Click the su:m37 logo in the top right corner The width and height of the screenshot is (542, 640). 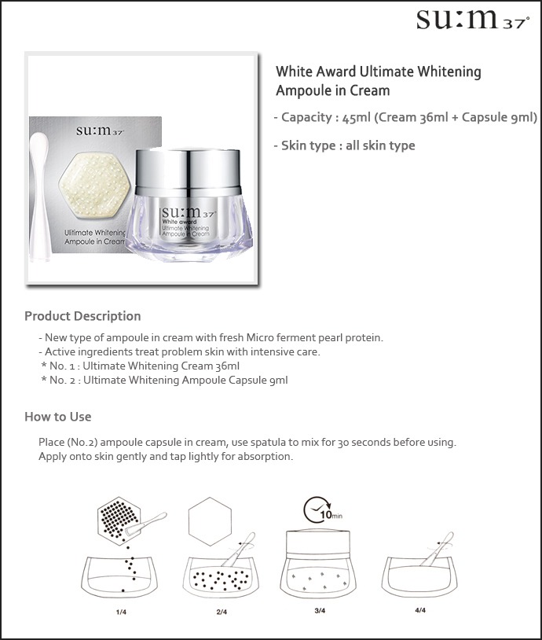[x=473, y=19]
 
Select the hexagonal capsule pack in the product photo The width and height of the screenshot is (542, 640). [x=94, y=186]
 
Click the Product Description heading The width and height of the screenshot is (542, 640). [x=82, y=316]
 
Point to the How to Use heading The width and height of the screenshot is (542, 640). [x=58, y=417]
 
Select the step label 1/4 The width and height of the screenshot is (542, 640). [x=121, y=612]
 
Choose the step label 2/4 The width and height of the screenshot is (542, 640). [x=222, y=612]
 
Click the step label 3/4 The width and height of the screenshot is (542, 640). [x=320, y=611]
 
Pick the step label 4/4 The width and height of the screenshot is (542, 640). [x=420, y=610]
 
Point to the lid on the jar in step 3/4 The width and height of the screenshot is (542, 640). [x=318, y=542]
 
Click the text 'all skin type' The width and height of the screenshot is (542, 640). [x=380, y=145]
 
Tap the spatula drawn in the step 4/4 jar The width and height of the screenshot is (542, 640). [x=438, y=549]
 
